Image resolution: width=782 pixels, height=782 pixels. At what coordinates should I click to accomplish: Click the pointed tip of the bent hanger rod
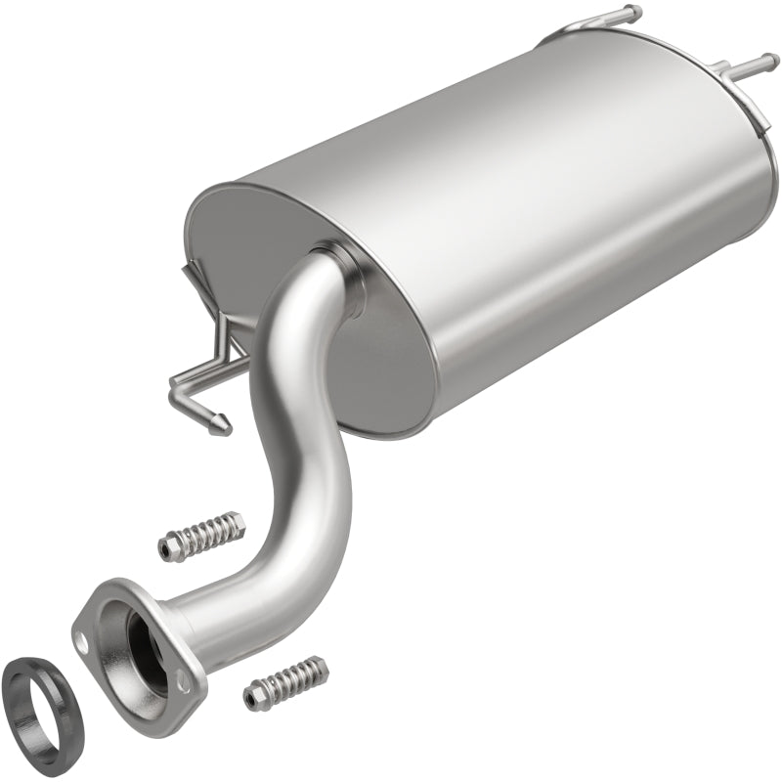point(224,422)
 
